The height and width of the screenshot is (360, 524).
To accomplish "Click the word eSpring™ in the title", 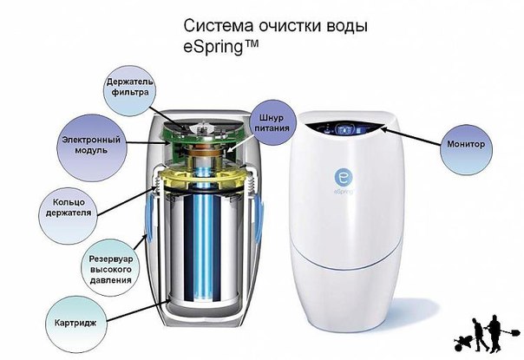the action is point(221,47).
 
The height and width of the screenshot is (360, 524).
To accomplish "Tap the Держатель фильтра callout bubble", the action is point(129,90).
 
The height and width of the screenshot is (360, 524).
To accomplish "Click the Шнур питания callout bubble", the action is point(272,122).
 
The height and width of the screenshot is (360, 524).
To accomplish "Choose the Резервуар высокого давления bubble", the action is point(111,270).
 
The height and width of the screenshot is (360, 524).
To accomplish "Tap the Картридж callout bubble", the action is point(75,324).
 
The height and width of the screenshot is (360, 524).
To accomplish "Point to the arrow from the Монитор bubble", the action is point(410,136).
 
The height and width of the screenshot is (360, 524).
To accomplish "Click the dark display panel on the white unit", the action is point(345,128).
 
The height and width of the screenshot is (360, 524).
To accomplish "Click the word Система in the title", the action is point(218,26).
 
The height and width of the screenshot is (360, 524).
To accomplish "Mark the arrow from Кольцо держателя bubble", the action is point(127,201).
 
